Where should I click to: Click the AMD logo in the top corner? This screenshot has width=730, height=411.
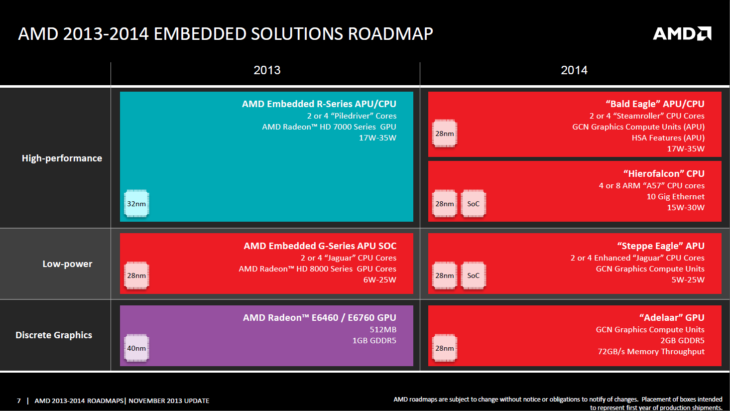(682, 33)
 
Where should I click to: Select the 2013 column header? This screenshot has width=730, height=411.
(267, 70)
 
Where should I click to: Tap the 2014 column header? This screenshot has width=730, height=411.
(574, 70)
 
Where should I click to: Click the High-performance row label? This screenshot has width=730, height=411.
(62, 158)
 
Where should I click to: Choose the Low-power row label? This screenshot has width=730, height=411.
(67, 264)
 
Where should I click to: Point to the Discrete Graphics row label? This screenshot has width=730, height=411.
(54, 335)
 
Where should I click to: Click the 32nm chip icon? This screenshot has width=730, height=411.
(136, 203)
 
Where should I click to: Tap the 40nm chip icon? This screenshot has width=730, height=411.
(136, 348)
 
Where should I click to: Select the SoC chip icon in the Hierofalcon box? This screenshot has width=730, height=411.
(474, 203)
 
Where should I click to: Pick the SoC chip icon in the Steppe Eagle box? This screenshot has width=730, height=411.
(474, 275)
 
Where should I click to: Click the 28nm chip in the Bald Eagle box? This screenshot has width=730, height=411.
(445, 134)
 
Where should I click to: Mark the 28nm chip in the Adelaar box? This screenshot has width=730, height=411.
(445, 348)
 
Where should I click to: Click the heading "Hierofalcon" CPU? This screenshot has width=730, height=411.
(664, 174)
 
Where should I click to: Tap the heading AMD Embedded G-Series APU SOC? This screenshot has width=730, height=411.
(320, 246)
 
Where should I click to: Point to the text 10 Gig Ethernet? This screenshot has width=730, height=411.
(676, 197)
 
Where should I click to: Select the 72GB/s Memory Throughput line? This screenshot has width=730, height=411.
(651, 352)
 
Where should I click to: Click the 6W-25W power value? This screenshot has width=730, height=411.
(380, 279)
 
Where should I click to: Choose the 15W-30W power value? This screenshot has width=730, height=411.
(686, 208)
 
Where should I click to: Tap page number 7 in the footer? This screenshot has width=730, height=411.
(18, 401)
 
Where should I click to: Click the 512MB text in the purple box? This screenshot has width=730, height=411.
(383, 329)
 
